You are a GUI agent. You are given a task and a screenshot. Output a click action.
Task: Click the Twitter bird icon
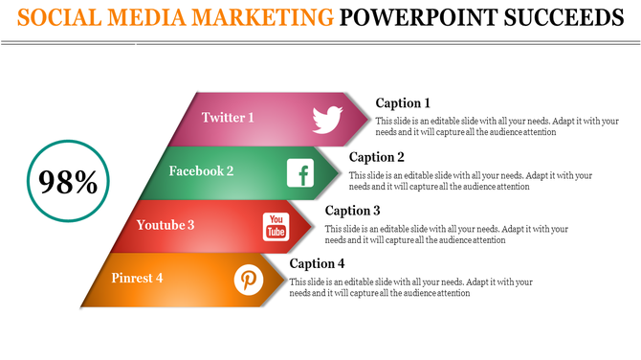coord(328,119)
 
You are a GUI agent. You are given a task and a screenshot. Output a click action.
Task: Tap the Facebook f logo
coord(301,173)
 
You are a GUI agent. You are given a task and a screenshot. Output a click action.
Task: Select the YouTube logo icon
coord(276,227)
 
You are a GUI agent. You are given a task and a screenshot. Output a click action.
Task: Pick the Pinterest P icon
coord(249,280)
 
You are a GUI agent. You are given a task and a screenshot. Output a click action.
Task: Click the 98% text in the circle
coord(69,182)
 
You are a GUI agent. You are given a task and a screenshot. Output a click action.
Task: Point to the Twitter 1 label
coord(228,118)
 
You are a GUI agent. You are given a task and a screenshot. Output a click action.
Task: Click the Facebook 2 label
coord(201,171)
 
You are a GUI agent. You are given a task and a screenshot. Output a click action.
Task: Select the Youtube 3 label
coord(166,225)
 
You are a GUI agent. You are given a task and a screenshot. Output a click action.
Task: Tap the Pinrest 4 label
coord(137,279)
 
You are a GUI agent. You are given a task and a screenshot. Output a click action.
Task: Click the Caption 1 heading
coord(403,103)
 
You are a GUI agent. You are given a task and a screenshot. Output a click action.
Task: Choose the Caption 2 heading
coord(377,157)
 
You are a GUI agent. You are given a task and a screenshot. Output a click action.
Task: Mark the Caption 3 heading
coord(353,211)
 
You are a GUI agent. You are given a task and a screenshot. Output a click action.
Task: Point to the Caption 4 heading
coord(317,264)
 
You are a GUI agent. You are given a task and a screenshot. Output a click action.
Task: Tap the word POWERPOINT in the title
coord(418,17)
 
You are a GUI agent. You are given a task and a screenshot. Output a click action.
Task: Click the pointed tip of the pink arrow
coord(369,120)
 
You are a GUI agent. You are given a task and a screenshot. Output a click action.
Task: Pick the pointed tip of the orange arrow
coord(288,281)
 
